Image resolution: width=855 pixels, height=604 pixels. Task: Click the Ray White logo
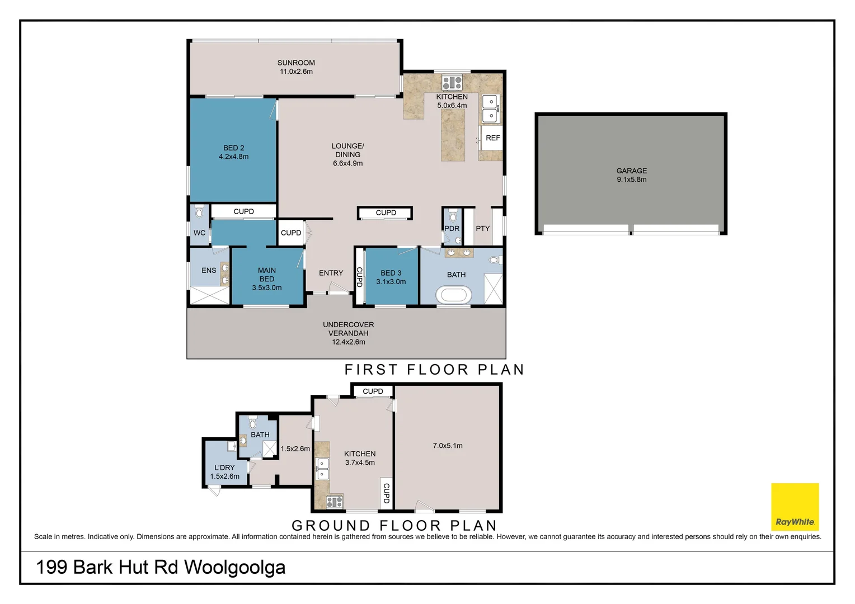pos(795,507)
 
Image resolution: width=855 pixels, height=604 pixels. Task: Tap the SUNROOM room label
pos(296,63)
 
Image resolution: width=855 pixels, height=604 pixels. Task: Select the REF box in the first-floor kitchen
pos(492,138)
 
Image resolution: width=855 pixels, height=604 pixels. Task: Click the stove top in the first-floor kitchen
pos(452,82)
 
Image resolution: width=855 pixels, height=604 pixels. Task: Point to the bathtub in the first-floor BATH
pos(454,295)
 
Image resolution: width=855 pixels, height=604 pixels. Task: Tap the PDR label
pos(452,229)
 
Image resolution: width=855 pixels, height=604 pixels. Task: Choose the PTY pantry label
pos(482,229)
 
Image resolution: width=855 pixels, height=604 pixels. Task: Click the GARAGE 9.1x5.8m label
pos(632,175)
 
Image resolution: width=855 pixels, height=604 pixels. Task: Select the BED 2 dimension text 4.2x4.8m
pos(233,157)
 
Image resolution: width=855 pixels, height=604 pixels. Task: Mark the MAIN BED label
pos(267,275)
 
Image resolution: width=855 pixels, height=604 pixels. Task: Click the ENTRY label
pos(331,273)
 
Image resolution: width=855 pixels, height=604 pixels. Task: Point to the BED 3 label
pos(391,273)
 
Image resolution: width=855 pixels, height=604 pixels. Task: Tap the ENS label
pos(209,270)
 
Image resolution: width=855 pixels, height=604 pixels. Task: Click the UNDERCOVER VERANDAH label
pos(349,329)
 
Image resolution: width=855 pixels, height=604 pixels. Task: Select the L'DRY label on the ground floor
pos(224,468)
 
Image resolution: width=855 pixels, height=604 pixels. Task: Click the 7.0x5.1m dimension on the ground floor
pos(448,445)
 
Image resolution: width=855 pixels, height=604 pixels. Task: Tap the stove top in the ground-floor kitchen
pos(335,502)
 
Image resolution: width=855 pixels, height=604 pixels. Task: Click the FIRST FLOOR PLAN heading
pos(434,369)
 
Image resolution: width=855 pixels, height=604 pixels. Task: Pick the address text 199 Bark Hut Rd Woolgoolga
pos(161,568)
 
